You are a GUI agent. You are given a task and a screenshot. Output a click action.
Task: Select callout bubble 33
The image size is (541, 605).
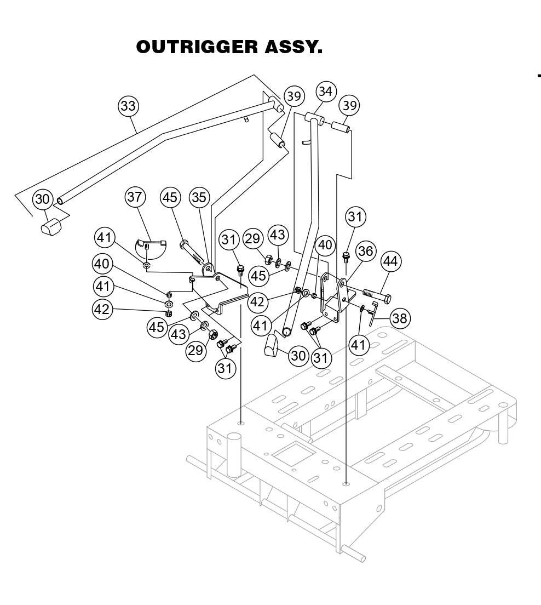point(128,106)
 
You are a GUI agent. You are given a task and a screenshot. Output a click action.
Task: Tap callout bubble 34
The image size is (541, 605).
point(325,92)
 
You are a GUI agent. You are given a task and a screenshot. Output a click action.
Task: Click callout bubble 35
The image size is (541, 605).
point(199,197)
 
